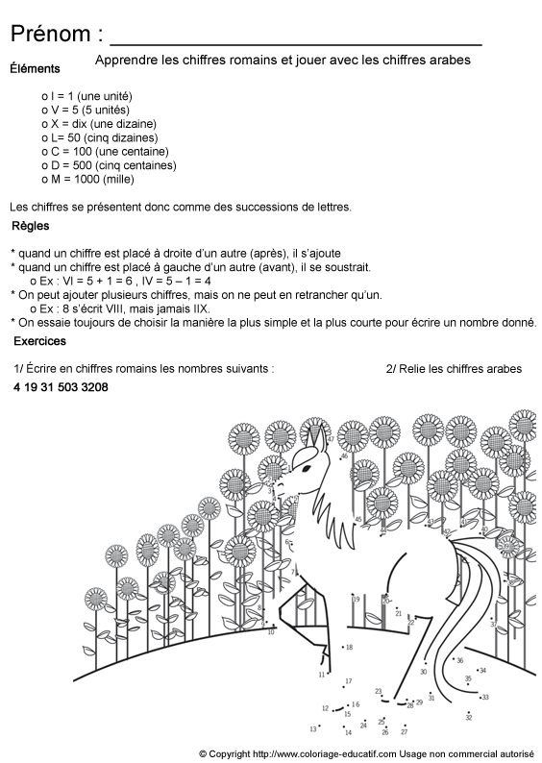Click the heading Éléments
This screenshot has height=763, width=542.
click(35, 68)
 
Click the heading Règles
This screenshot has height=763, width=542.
click(32, 227)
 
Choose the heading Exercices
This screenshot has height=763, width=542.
click(39, 341)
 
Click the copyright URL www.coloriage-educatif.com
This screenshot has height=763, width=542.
click(327, 753)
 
